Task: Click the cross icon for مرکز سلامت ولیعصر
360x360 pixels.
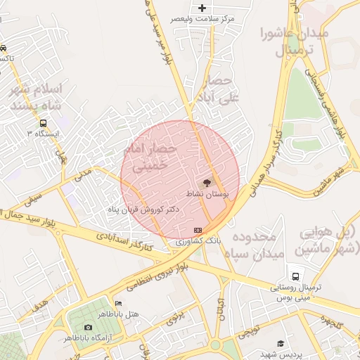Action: (202, 8)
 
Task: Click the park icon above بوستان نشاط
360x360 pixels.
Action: (207, 182)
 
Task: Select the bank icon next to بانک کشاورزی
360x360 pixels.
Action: (198, 230)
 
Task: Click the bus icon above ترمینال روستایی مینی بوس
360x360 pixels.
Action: (295, 276)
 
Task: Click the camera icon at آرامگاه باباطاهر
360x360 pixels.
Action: (88, 327)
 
